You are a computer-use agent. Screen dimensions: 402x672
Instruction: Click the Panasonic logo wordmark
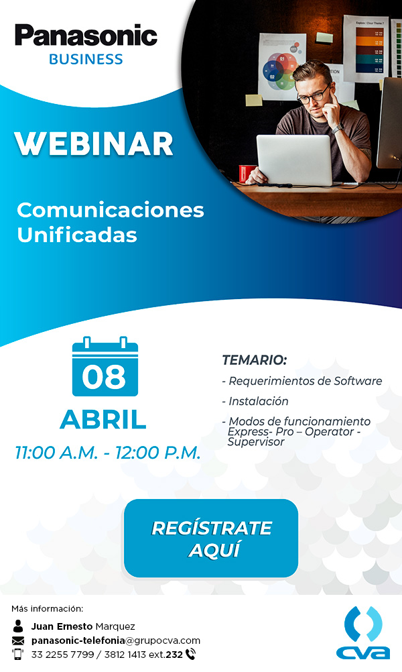coord(86,35)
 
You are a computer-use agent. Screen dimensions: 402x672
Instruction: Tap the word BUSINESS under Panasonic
coord(86,59)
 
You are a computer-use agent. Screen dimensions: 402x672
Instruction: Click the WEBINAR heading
coord(94,144)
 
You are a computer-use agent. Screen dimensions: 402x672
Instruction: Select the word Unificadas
coord(77,235)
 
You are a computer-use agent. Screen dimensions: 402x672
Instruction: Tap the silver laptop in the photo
coord(295,160)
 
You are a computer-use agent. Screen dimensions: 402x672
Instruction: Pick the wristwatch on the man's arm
coord(338,128)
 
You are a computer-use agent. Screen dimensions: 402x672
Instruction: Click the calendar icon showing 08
coord(105,366)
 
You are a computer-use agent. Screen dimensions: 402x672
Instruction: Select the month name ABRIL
coord(103,420)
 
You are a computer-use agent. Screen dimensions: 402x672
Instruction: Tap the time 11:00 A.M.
coord(56,453)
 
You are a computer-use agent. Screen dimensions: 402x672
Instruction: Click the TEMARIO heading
coord(255,359)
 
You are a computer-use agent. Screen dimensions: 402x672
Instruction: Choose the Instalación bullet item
coord(255,401)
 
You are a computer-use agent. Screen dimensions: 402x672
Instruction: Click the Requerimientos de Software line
coord(301,381)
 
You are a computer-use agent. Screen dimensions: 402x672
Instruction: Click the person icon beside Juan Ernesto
coord(18,626)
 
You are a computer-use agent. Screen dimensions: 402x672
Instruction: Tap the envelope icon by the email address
coord(18,640)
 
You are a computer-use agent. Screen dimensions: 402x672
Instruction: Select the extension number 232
coord(174,655)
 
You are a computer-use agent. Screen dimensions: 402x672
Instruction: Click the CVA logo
coord(363,632)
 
